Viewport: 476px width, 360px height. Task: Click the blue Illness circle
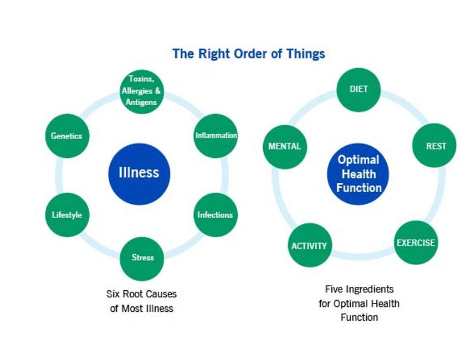pyautogui.click(x=139, y=173)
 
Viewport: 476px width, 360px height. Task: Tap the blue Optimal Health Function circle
pyautogui.click(x=359, y=174)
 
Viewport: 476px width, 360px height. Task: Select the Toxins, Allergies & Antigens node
pyautogui.click(x=142, y=91)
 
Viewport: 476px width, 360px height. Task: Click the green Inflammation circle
pyautogui.click(x=216, y=136)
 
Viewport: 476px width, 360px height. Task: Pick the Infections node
pyautogui.click(x=215, y=215)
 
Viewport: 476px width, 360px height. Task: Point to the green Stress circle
pyautogui.click(x=142, y=258)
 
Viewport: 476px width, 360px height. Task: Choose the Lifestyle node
pyautogui.click(x=67, y=215)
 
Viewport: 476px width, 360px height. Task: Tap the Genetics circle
pyautogui.click(x=66, y=136)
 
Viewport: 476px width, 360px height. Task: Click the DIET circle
pyautogui.click(x=359, y=89)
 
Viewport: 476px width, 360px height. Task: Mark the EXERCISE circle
pyautogui.click(x=416, y=243)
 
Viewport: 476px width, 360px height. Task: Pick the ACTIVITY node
pyautogui.click(x=309, y=245)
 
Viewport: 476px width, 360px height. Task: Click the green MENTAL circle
pyautogui.click(x=285, y=147)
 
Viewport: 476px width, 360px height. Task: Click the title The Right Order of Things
pyautogui.click(x=249, y=54)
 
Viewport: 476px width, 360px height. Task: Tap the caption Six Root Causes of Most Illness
pyautogui.click(x=141, y=301)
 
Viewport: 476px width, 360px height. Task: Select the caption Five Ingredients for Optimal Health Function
pyautogui.click(x=359, y=304)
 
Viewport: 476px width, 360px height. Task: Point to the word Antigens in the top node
pyautogui.click(x=142, y=101)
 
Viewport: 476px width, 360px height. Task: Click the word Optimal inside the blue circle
pyautogui.click(x=359, y=160)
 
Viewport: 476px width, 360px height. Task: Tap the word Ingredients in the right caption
pyautogui.click(x=370, y=289)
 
